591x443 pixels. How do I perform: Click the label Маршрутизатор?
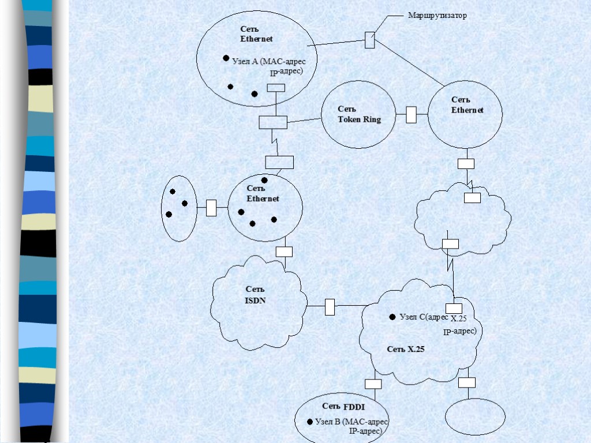437,16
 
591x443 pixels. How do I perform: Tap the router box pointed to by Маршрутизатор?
369,40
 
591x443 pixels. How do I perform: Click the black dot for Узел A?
226,58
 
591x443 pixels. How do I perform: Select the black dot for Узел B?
310,421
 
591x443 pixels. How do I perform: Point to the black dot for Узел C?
392,317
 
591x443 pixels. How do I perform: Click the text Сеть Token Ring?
359,114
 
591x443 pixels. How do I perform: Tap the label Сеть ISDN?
255,294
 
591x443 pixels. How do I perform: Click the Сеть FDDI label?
344,407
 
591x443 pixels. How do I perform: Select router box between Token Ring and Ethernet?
411,115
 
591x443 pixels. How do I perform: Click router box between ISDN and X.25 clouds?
330,307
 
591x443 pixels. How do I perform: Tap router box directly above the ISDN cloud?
284,251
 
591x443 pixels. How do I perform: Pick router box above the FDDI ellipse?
373,384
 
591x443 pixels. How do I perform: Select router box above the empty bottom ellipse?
467,382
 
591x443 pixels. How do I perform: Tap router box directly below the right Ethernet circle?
466,163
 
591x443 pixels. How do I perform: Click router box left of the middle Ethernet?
211,208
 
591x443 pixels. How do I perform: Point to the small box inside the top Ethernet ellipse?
276,88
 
